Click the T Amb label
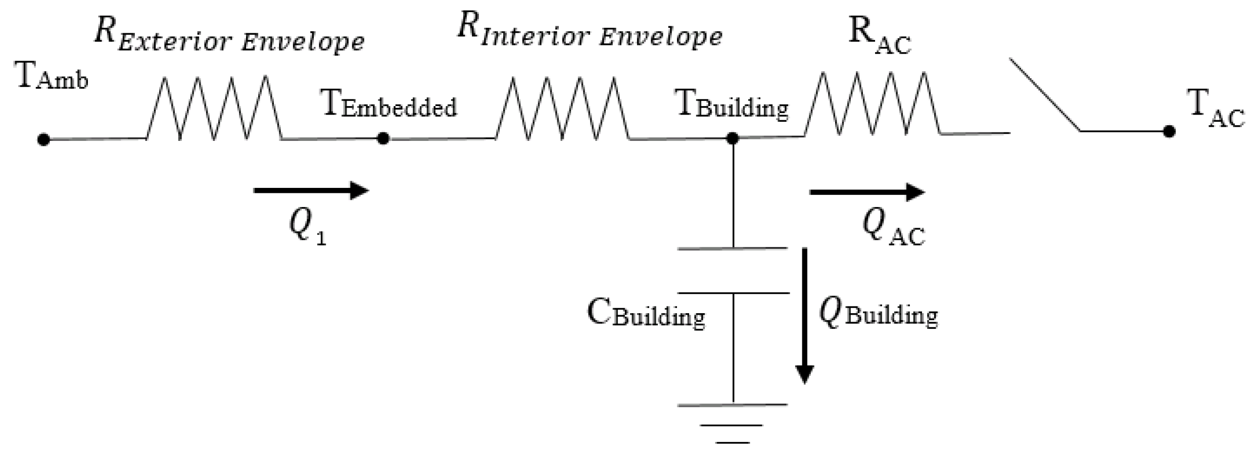coord(52,77)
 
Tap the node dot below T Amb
coord(44,139)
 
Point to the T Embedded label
coord(389,105)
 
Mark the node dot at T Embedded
coord(383,138)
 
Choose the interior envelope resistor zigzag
coord(562,109)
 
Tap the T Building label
coord(732,105)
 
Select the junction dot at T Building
coord(733,138)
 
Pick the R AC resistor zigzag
coord(873,104)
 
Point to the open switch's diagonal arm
coord(1045,94)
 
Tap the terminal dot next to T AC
coord(1169,132)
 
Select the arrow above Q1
coord(311,190)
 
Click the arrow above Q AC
coord(867,192)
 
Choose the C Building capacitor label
coord(645,314)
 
